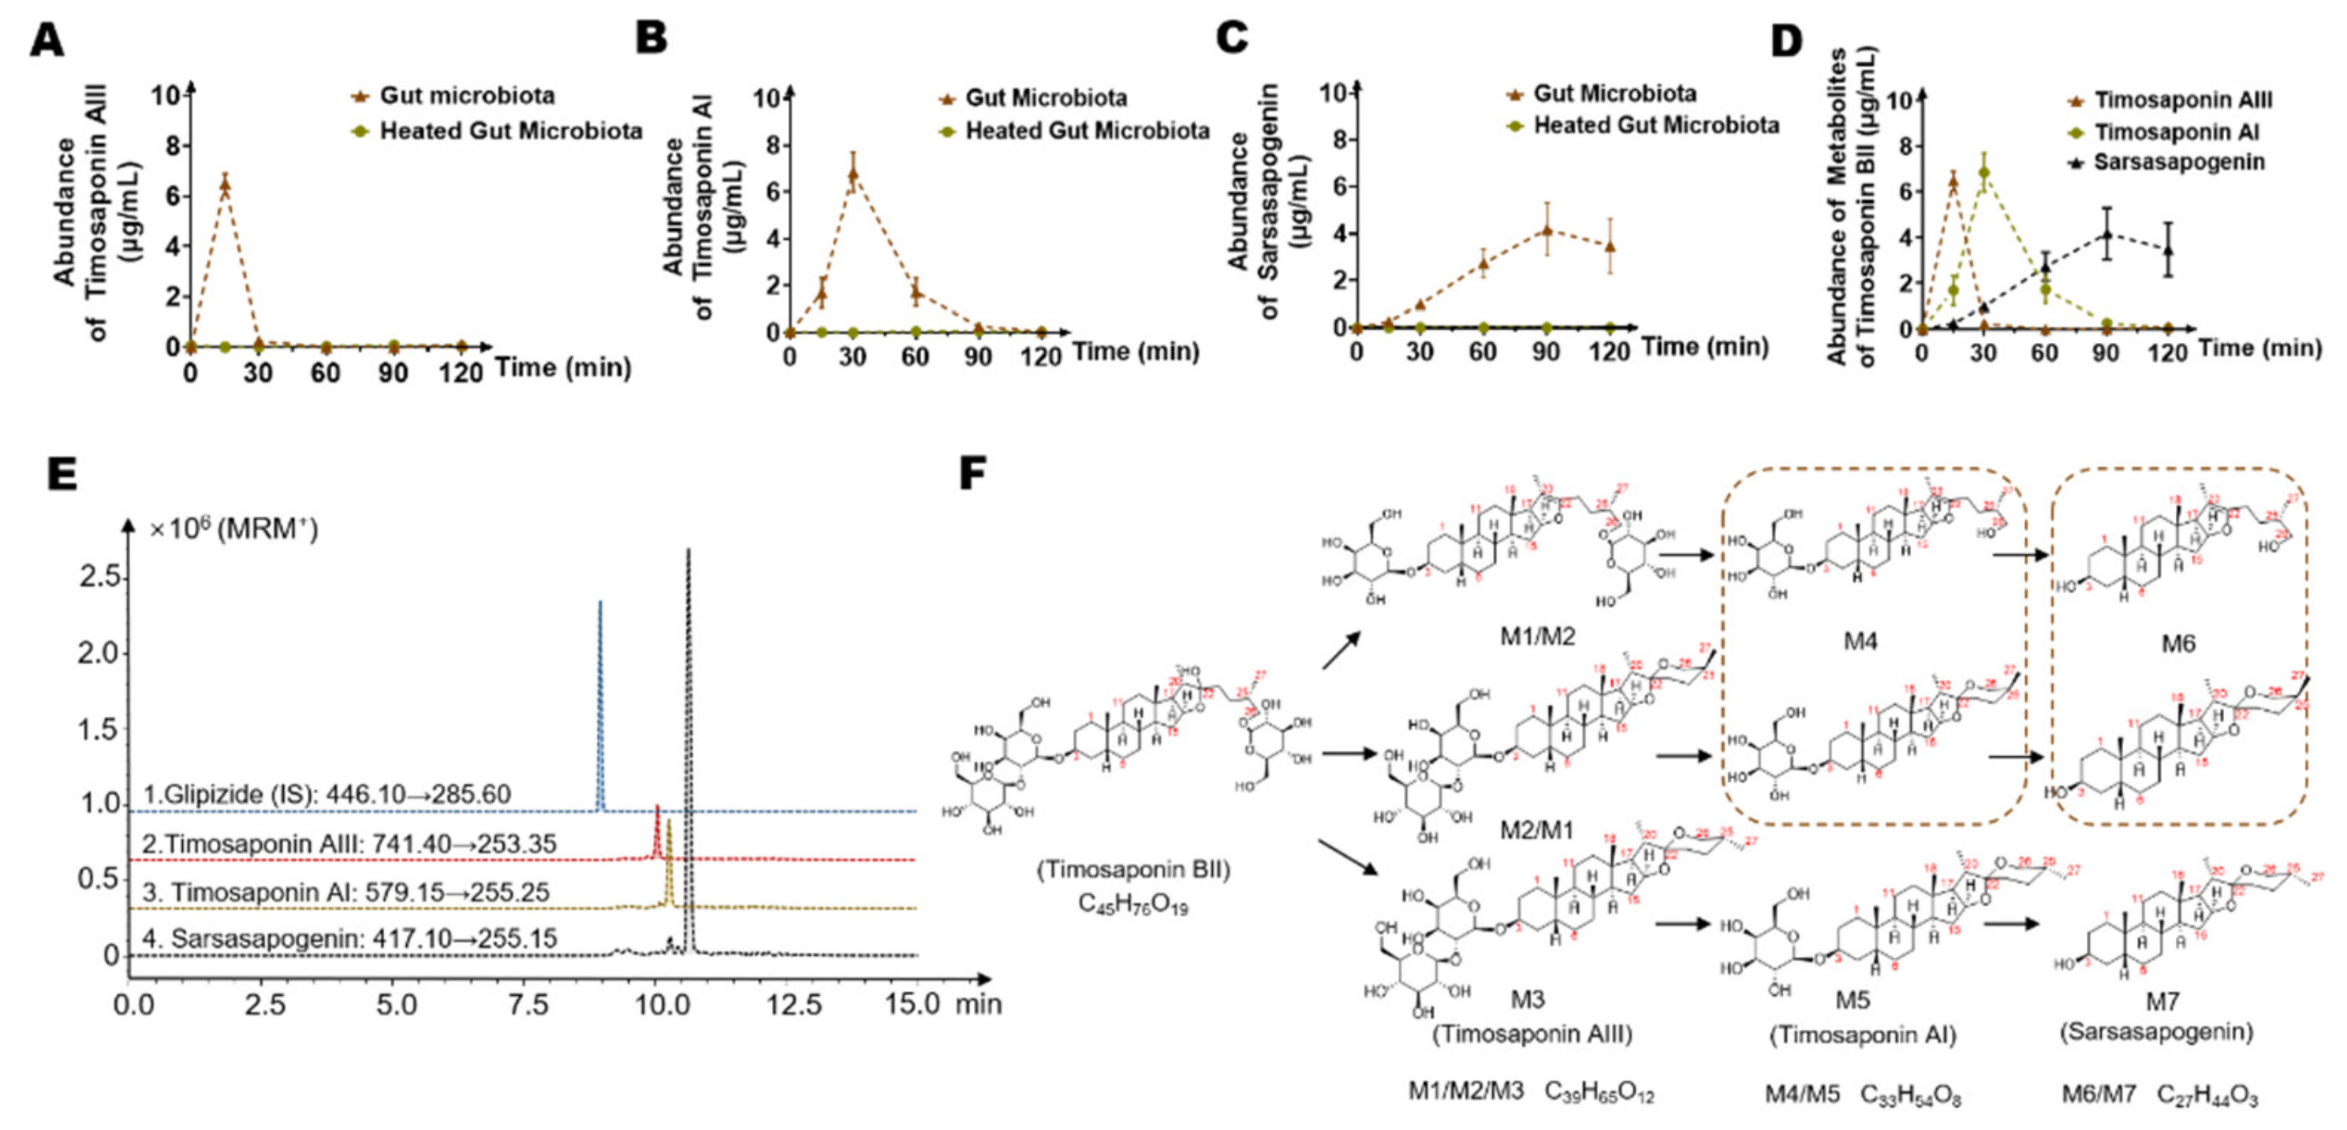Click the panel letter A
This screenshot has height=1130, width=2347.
coord(47,41)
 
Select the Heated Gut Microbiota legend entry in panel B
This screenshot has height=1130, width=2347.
coord(1086,131)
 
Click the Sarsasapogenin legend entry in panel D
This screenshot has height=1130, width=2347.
coord(2178,163)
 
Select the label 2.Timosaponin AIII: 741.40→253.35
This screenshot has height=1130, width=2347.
coord(349,844)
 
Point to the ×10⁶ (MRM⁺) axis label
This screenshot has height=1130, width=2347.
coord(233,528)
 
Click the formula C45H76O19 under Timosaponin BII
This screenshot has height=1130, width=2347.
coord(1132,904)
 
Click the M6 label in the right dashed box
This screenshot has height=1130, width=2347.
coord(2177,644)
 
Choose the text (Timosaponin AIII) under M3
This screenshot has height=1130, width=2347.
coord(1532,1034)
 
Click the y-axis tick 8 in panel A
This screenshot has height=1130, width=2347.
coord(171,146)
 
